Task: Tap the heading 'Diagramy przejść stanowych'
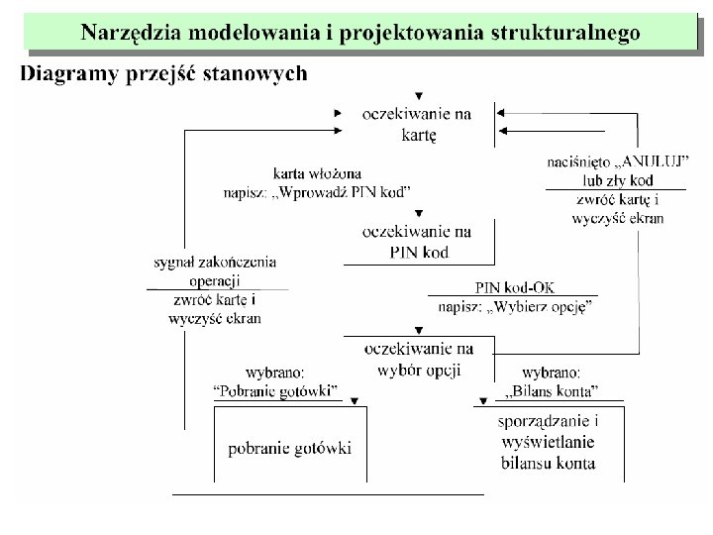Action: click(164, 73)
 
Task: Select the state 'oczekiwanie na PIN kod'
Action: click(418, 242)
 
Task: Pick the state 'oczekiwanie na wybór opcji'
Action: click(418, 358)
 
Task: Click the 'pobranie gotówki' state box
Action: click(290, 448)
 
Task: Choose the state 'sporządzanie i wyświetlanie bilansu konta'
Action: click(548, 441)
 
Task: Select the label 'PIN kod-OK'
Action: click(515, 287)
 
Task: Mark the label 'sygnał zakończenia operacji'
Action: click(215, 271)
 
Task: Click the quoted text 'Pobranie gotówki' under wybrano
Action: click(276, 389)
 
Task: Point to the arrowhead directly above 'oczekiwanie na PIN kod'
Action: click(421, 213)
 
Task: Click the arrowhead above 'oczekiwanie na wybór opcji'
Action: click(421, 329)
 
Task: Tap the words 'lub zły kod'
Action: click(617, 179)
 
